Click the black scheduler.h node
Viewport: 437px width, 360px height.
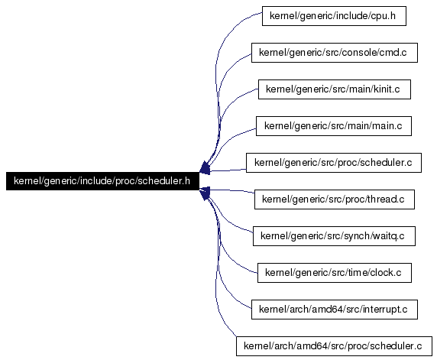[x=102, y=181]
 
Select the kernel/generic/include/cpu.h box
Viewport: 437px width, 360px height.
[x=334, y=16]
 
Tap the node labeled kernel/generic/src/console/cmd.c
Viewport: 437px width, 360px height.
[x=335, y=53]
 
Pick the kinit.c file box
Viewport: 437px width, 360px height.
[x=335, y=89]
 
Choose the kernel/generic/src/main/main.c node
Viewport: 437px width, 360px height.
[x=334, y=126]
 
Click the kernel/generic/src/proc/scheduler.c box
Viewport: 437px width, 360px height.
[x=334, y=163]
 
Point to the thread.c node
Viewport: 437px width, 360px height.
[x=335, y=199]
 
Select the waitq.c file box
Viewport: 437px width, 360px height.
[x=334, y=236]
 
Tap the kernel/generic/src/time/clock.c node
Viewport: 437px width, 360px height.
[x=335, y=273]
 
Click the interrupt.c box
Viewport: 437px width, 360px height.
[x=335, y=310]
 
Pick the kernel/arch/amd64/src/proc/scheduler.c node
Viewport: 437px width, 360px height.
[x=334, y=346]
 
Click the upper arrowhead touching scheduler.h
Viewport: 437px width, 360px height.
[x=205, y=168]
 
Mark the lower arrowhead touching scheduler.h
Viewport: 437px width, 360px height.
[x=205, y=193]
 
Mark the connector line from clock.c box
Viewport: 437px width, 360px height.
[x=223, y=245]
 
